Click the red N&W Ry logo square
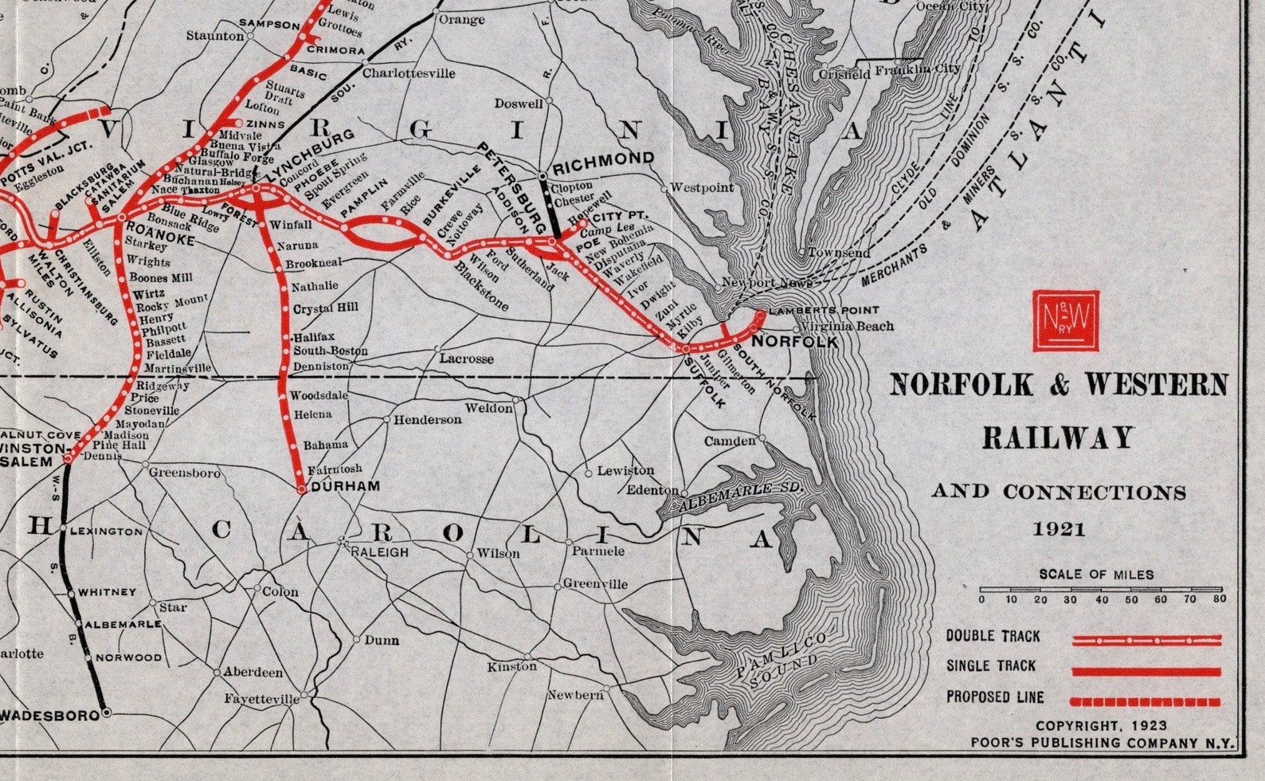tap(1066, 320)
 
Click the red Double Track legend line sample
tap(1146, 639)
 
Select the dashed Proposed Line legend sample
tap(1146, 701)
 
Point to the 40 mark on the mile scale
tap(1101, 599)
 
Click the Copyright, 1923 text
tap(1101, 726)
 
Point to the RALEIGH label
tap(379, 552)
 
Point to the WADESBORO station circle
tap(106, 713)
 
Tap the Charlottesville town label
tap(409, 73)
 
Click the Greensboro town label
tap(185, 473)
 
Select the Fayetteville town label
tap(261, 699)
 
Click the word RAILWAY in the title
tap(1057, 438)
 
